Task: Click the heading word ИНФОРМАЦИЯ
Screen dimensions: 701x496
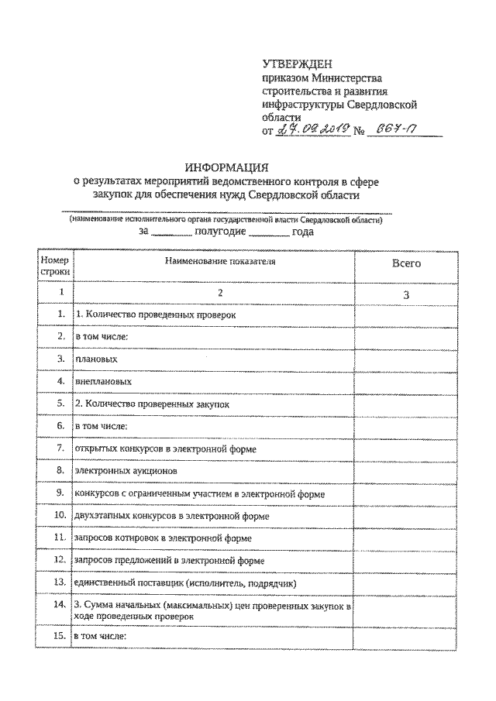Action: click(x=226, y=167)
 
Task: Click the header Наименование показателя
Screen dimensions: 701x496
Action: click(x=220, y=263)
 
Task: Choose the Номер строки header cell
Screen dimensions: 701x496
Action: click(x=54, y=266)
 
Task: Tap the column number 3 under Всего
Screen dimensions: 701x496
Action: click(x=405, y=294)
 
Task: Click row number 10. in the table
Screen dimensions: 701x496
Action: click(x=57, y=515)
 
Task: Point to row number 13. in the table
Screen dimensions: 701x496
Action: click(x=57, y=582)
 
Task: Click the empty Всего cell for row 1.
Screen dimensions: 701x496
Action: click(x=405, y=315)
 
